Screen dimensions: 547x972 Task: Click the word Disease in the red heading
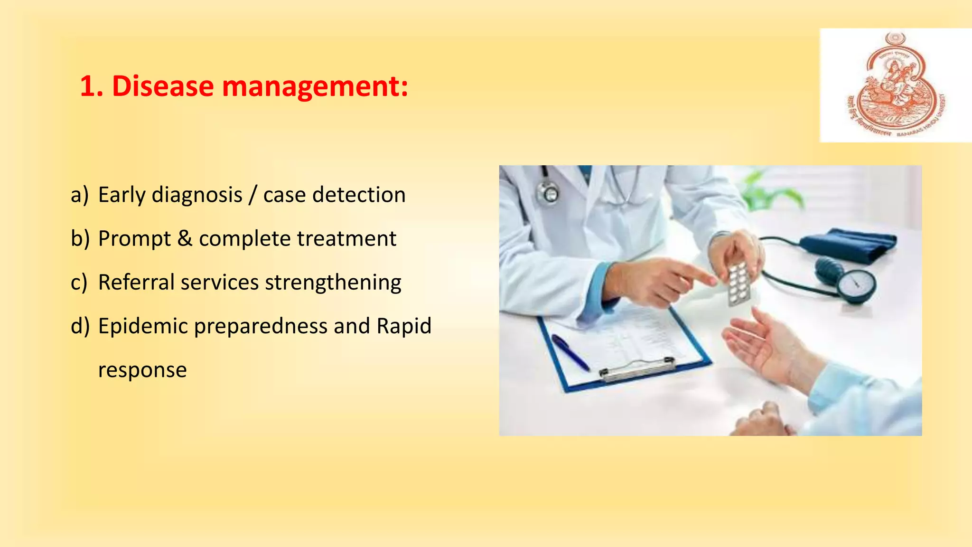(x=163, y=87)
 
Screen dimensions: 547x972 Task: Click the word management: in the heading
(x=315, y=87)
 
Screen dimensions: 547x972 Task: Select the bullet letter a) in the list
(x=80, y=195)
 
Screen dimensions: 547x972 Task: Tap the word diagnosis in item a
(x=197, y=195)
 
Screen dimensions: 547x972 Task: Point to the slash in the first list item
(x=253, y=195)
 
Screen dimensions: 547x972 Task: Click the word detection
(x=358, y=195)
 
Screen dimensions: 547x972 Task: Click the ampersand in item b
(x=185, y=238)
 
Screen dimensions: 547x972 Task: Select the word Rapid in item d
(x=404, y=326)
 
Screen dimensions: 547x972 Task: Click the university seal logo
(x=895, y=85)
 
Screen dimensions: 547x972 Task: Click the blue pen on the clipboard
(x=570, y=352)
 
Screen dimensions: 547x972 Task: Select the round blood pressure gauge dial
(x=856, y=286)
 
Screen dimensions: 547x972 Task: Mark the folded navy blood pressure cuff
(x=850, y=245)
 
